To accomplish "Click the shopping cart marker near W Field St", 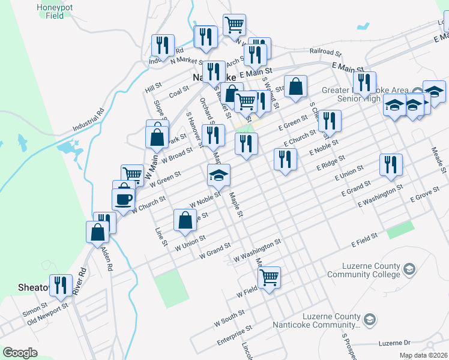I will coord(269,277).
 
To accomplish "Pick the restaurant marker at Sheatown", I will coord(61,285).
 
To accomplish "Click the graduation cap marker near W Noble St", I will coord(218,176).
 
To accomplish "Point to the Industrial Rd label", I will coord(89,120).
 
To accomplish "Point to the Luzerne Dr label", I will coord(394,343).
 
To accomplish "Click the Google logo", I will coord(20,353).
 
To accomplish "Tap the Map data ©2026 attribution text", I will coord(423,355).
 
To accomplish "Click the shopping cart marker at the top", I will coord(234,25).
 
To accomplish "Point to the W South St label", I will coord(229,317).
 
